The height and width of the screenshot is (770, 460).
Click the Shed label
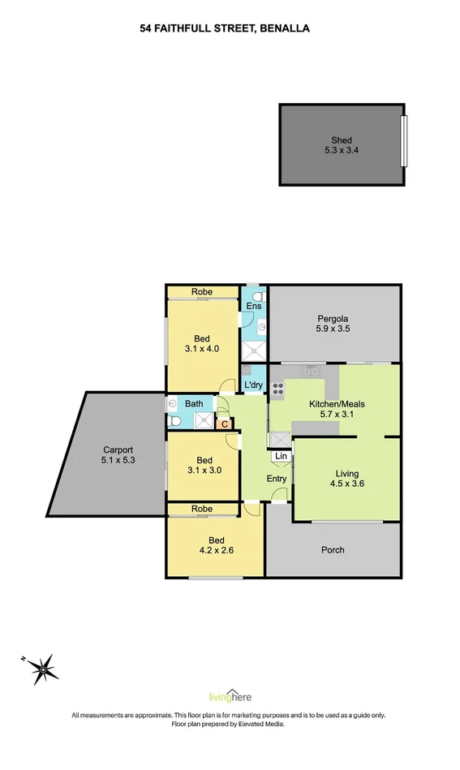tap(342, 140)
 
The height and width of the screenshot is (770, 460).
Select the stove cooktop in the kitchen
tap(277, 387)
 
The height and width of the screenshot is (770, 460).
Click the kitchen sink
tap(309, 372)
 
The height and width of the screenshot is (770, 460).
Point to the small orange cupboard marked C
tap(223, 423)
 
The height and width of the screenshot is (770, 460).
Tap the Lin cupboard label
tap(281, 457)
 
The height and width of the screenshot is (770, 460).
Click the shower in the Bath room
tap(203, 420)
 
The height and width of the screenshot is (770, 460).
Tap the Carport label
tap(118, 450)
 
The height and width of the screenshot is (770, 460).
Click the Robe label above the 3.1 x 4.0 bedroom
tap(203, 292)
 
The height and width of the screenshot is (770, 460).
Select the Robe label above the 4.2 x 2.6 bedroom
tap(203, 510)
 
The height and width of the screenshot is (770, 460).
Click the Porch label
tap(333, 550)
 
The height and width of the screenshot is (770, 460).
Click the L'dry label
tap(253, 385)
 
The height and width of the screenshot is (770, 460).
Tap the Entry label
tap(277, 479)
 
